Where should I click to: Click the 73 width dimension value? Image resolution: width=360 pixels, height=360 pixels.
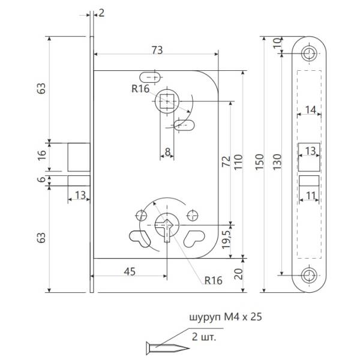(x=157, y=50)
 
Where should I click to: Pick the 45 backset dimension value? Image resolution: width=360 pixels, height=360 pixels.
(x=129, y=271)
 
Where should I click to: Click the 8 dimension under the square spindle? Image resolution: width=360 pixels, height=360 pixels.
(x=167, y=151)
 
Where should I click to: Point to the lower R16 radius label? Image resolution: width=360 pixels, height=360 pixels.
(x=214, y=280)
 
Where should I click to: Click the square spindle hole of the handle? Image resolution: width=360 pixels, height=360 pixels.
(x=166, y=102)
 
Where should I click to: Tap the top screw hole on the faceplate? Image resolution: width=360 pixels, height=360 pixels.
(x=310, y=53)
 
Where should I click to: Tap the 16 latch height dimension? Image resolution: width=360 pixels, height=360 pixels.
(x=41, y=154)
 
